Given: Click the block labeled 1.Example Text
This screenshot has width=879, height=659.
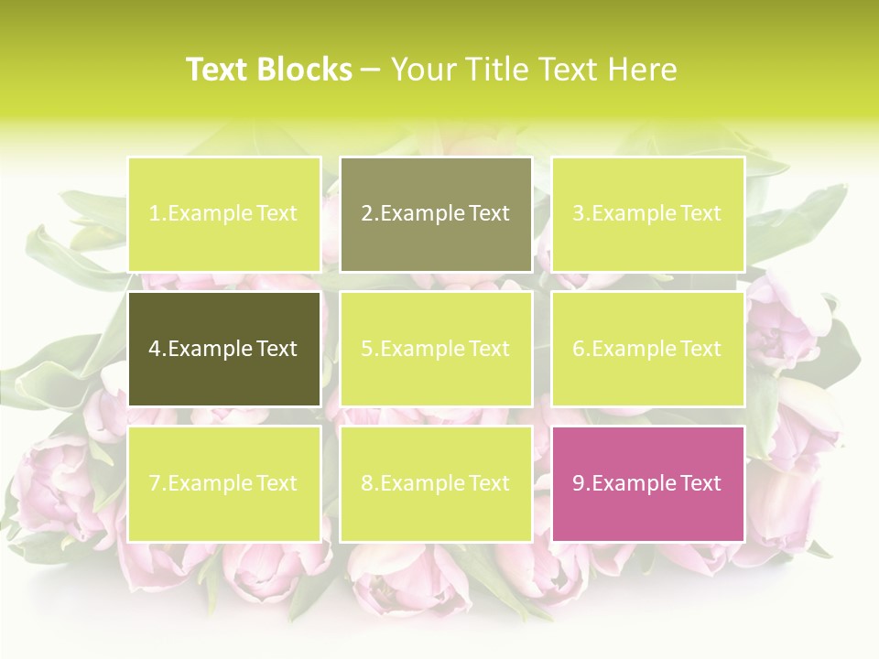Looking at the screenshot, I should tap(223, 214).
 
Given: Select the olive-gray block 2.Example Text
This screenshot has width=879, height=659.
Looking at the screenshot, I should tap(436, 214).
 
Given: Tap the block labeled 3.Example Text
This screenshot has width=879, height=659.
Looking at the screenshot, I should tap(647, 214).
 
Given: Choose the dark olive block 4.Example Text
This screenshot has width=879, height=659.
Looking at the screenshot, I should tap(223, 349).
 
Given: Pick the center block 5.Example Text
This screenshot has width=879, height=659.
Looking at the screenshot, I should tap(436, 349).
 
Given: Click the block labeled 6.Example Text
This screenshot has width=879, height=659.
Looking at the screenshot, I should tap(647, 349).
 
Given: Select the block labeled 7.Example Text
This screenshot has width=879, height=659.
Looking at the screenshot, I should tap(223, 483).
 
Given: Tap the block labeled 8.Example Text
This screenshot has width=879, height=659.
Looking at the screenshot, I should tap(436, 483).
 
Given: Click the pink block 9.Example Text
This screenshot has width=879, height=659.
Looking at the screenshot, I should tap(647, 483).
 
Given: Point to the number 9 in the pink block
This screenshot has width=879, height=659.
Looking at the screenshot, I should tap(578, 483).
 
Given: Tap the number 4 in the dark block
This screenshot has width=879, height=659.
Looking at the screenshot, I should tap(155, 349).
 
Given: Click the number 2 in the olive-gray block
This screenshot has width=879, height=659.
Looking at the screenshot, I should tap(366, 214).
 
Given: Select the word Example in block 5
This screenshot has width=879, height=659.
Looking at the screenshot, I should tap(422, 349).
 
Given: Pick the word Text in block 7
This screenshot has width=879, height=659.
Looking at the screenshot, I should tap(277, 483).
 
